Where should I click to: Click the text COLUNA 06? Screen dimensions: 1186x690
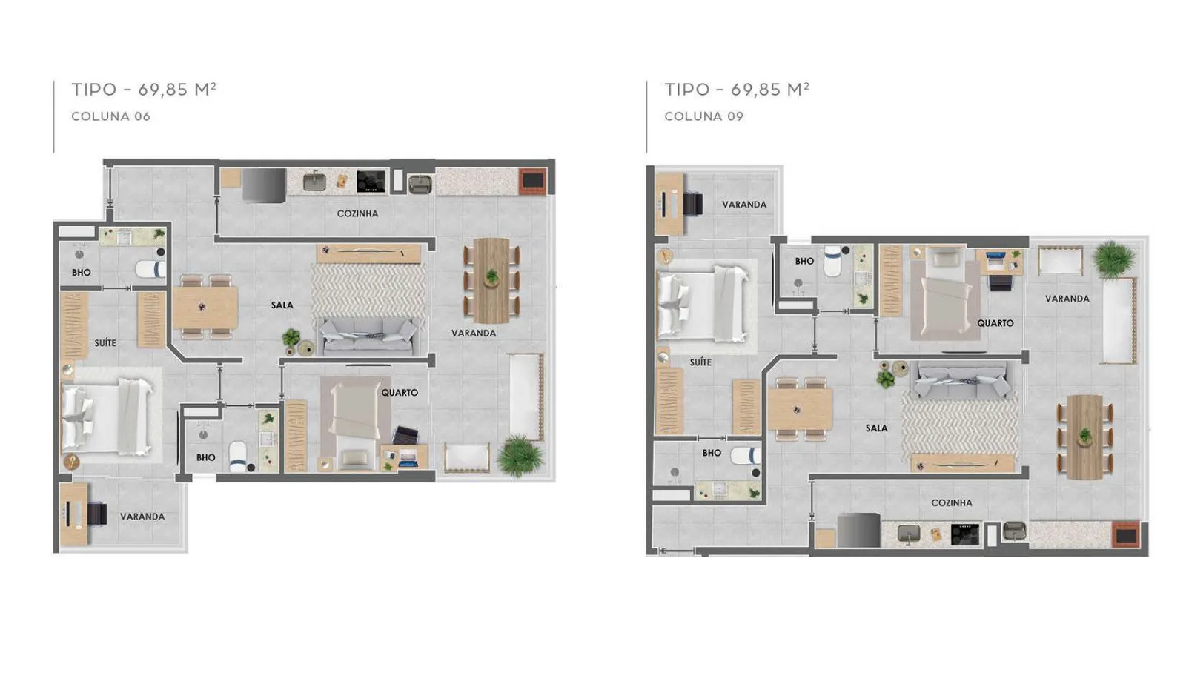[111, 116]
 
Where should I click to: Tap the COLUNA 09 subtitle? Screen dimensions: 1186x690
[704, 116]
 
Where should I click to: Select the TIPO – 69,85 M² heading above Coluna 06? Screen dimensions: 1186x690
[144, 90]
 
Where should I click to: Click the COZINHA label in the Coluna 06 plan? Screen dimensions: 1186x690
[358, 213]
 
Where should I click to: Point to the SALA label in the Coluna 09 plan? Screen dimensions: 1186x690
[876, 428]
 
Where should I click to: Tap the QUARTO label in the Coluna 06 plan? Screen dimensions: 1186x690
[400, 392]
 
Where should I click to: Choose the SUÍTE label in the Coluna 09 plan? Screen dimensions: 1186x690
[700, 362]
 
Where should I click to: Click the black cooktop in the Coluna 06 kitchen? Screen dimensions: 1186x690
[371, 181]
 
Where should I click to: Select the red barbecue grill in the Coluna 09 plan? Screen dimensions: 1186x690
[1126, 535]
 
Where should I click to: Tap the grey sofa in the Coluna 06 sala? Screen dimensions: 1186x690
[368, 336]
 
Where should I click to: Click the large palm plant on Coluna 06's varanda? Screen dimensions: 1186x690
[520, 455]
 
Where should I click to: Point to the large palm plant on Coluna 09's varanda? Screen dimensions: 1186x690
[1115, 259]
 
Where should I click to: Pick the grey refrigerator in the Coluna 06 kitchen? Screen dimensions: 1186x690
[264, 185]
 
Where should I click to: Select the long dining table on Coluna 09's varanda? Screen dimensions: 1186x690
[1085, 437]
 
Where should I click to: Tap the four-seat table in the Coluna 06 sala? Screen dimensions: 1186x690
[205, 307]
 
